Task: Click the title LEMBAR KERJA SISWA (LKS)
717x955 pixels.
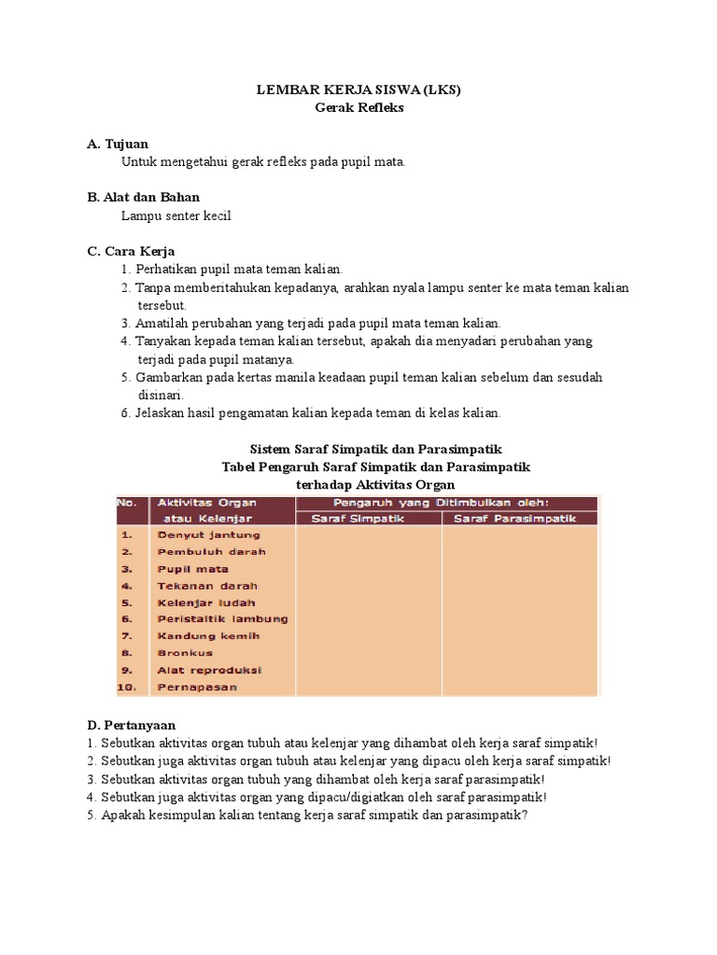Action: coord(358,90)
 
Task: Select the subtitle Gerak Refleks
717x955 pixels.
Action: coord(358,108)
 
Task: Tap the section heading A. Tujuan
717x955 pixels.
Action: coord(117,144)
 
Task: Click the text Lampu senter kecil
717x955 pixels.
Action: coord(176,215)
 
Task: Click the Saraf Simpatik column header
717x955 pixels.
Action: coord(357,519)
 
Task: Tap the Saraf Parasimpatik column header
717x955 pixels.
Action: coord(514,519)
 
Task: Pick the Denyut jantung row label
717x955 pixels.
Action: coord(209,535)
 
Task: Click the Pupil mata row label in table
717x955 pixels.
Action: coord(193,569)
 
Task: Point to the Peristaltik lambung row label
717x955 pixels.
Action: coord(222,619)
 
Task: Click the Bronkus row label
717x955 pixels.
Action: coord(185,653)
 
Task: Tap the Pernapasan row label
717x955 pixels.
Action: coord(197,687)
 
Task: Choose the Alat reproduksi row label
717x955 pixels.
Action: coord(209,670)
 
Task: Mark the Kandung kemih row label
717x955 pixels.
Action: coord(208,636)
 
